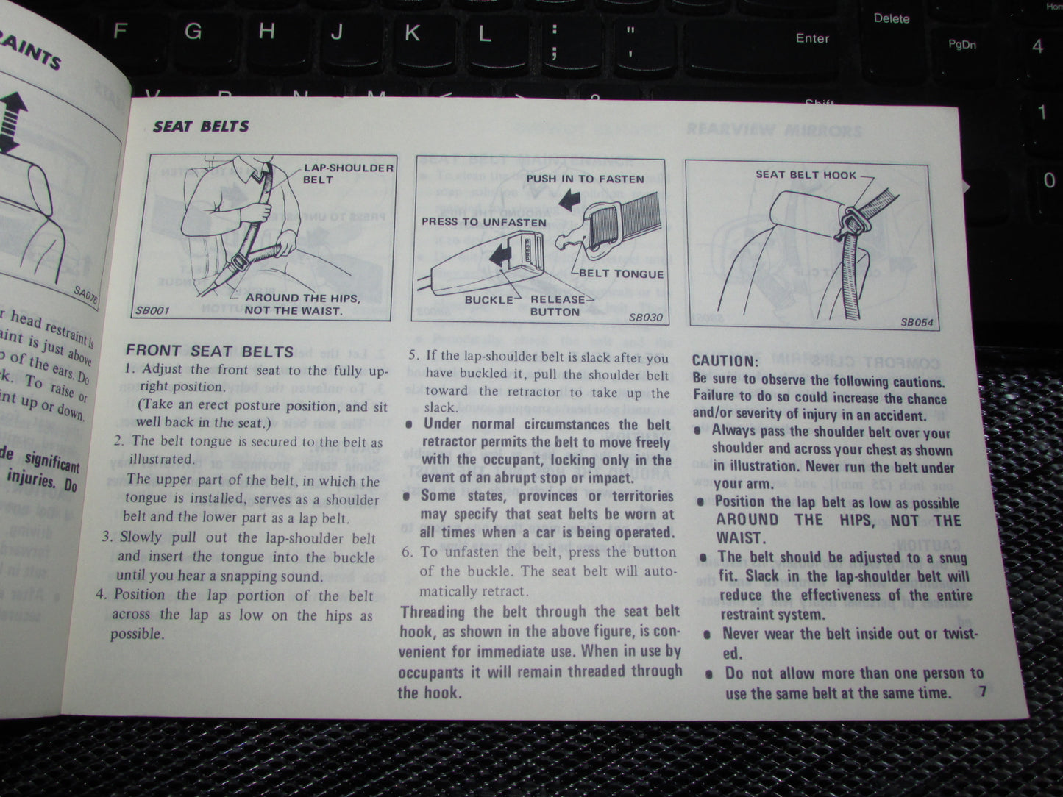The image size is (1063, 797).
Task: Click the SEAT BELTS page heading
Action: (x=201, y=126)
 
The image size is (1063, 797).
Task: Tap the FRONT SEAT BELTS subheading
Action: (x=210, y=351)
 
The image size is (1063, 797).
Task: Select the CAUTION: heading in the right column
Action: (x=725, y=361)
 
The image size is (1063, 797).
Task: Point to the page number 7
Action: (x=983, y=691)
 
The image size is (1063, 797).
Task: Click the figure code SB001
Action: (x=152, y=310)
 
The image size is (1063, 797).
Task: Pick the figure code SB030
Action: (x=646, y=318)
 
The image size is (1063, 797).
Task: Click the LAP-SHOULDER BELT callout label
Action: (x=348, y=173)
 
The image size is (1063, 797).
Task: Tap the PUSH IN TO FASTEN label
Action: (x=585, y=179)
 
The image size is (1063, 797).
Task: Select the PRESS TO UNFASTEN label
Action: (x=483, y=222)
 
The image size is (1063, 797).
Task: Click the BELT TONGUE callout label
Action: (x=621, y=274)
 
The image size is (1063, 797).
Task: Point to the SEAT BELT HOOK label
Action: (x=806, y=174)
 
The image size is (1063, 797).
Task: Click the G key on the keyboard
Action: (x=193, y=31)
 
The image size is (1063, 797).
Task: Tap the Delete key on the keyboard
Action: (x=891, y=18)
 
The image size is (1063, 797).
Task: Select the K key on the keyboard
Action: (x=412, y=32)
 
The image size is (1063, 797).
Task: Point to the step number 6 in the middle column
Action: (x=407, y=552)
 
